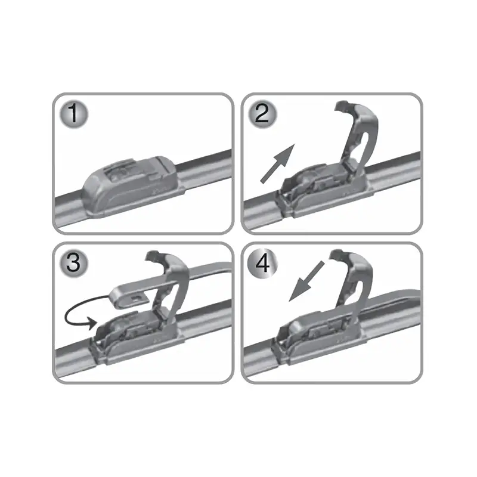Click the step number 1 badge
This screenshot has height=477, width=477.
[x=73, y=114]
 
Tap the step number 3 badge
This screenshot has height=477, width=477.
[x=73, y=264]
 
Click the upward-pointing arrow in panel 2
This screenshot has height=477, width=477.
[x=277, y=162]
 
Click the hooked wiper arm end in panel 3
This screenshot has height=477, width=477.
[x=128, y=295]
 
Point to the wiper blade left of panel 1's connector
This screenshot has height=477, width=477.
[x=69, y=206]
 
